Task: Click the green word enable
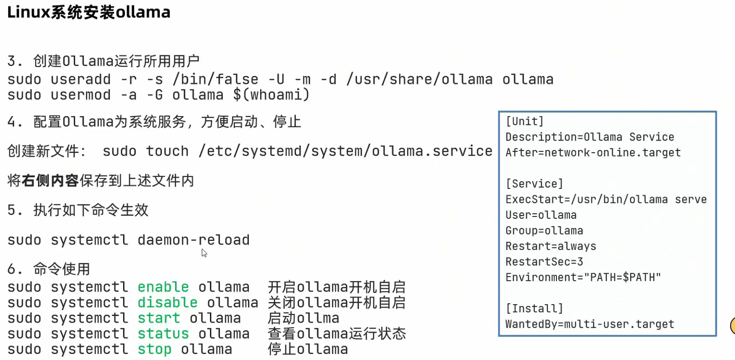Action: click(x=163, y=287)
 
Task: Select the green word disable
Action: click(x=167, y=302)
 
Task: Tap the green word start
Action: click(x=158, y=318)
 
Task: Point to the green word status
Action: click(x=163, y=334)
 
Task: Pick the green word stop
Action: click(x=154, y=349)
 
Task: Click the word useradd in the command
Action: click(x=81, y=79)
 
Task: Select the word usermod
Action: click(x=81, y=95)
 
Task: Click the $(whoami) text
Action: click(x=271, y=95)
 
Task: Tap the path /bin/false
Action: click(x=215, y=79)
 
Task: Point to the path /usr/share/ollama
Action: click(x=419, y=79)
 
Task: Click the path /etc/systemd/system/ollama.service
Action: click(x=345, y=151)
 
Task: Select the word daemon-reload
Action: click(x=193, y=240)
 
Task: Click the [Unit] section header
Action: click(x=524, y=121)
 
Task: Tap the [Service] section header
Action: click(x=534, y=184)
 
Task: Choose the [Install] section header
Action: click(x=534, y=309)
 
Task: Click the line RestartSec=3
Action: click(x=544, y=262)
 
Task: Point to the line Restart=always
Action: click(x=550, y=246)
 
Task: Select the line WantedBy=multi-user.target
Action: click(x=590, y=324)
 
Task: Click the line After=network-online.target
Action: click(x=593, y=153)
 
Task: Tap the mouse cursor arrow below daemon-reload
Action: click(x=204, y=253)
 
